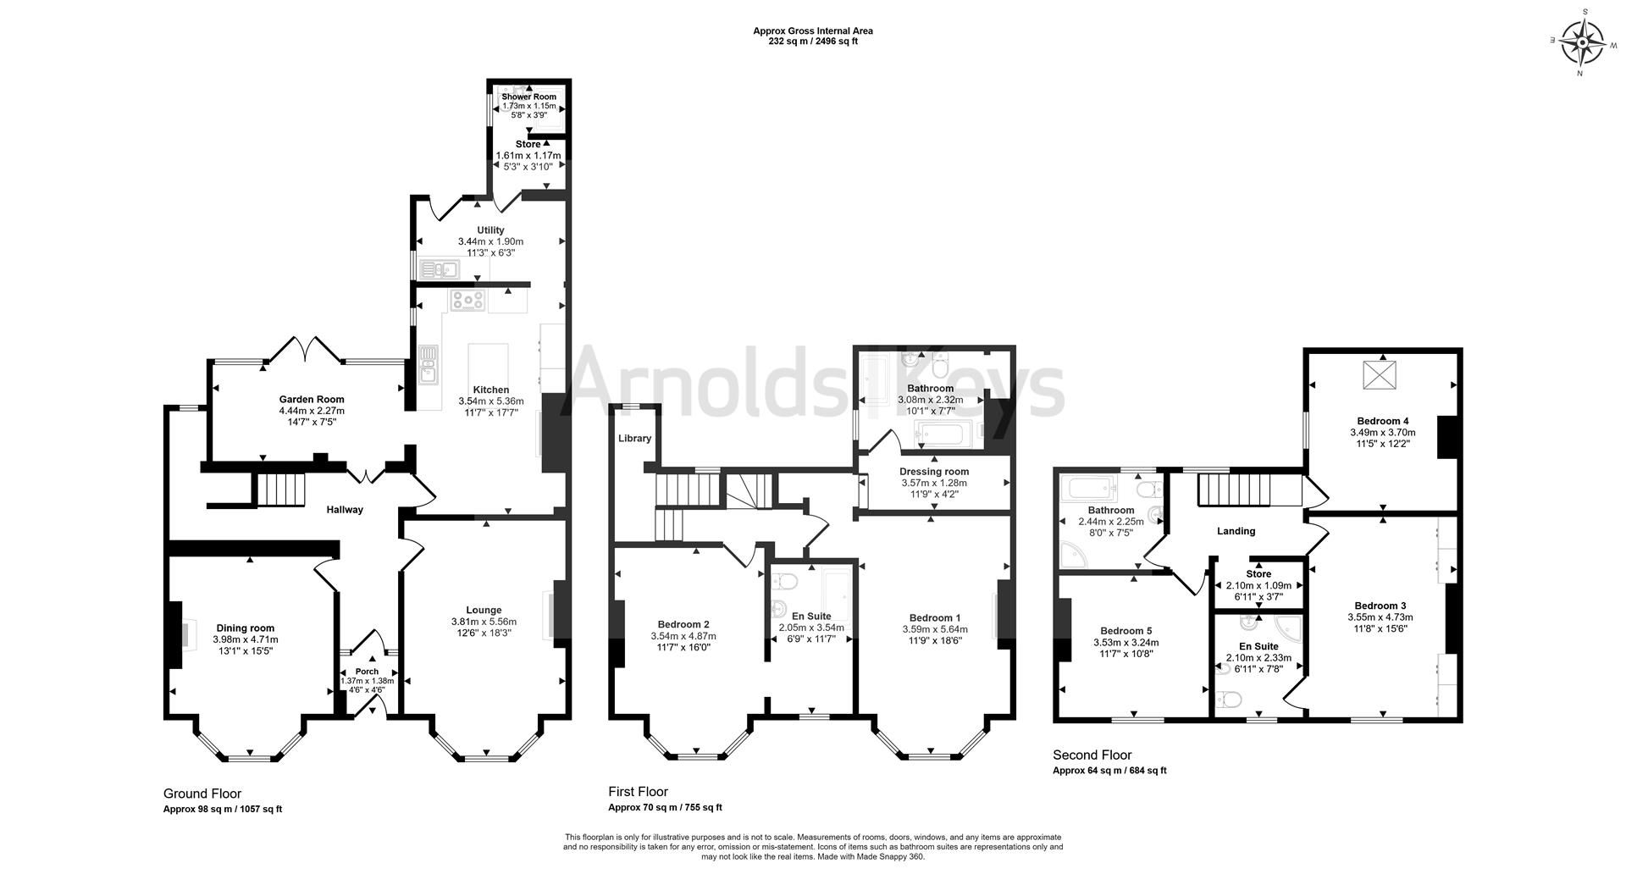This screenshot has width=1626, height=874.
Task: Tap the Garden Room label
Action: pyautogui.click(x=312, y=399)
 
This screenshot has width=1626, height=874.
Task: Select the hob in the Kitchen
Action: pyautogui.click(x=467, y=299)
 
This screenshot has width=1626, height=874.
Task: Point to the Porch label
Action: pyautogui.click(x=367, y=672)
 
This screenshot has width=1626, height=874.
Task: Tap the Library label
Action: pyautogui.click(x=634, y=438)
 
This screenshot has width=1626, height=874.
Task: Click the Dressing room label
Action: pyautogui.click(x=933, y=471)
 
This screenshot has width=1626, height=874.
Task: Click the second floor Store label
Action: pyautogui.click(x=1258, y=573)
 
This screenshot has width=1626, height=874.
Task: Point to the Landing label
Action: pyautogui.click(x=1236, y=531)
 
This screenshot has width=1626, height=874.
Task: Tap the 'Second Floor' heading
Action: pyautogui.click(x=1092, y=755)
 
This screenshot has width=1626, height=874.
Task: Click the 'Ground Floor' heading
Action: pyautogui.click(x=202, y=794)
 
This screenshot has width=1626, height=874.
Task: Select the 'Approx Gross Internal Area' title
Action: pyautogui.click(x=812, y=31)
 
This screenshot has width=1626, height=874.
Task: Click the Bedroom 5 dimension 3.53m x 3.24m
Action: pyautogui.click(x=1125, y=642)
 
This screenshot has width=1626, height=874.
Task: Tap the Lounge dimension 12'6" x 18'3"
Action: pyautogui.click(x=484, y=633)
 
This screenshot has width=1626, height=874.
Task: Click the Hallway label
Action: pyautogui.click(x=345, y=510)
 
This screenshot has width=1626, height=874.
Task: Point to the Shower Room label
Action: pyautogui.click(x=528, y=97)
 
